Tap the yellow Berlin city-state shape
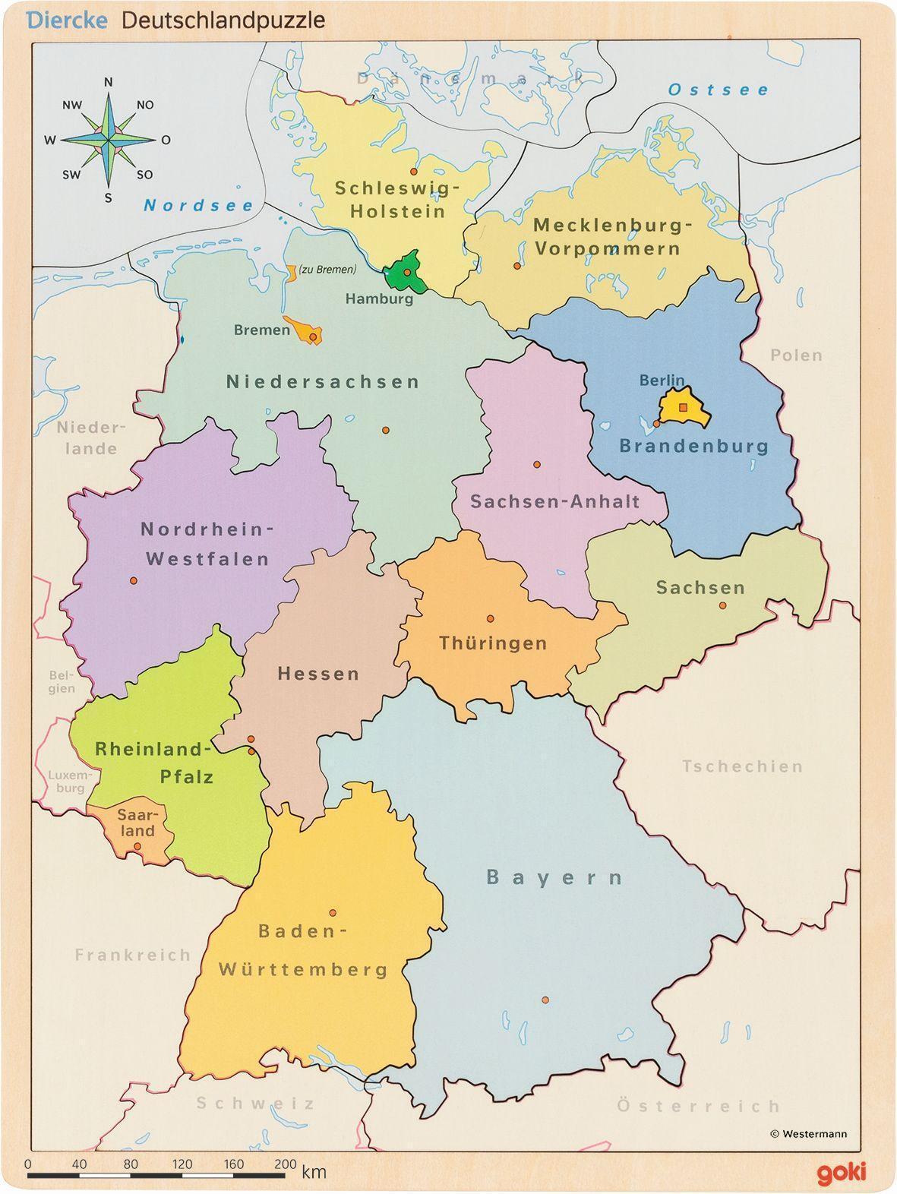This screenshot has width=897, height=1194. click(x=683, y=407)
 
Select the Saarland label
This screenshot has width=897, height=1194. click(x=136, y=823)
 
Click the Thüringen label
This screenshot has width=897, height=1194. click(x=493, y=643)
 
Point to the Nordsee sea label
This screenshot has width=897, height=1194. click(x=199, y=205)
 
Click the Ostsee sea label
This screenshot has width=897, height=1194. click(x=719, y=90)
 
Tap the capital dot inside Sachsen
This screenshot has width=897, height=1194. click(x=722, y=605)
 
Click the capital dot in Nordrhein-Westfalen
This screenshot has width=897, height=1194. click(x=134, y=580)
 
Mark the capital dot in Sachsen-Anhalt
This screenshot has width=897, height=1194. click(x=536, y=464)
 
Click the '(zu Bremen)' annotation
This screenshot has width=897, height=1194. click(x=327, y=269)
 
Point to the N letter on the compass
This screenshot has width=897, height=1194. click(x=108, y=82)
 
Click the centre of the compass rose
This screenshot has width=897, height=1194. click(x=109, y=140)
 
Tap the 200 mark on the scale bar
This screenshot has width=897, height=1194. click(x=285, y=1164)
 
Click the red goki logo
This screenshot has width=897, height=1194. click(x=841, y=1173)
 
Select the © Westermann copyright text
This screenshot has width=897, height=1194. click(x=808, y=1134)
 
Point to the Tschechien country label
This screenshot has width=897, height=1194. click(x=742, y=766)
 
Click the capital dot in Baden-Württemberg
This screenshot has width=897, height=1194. click(x=333, y=913)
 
